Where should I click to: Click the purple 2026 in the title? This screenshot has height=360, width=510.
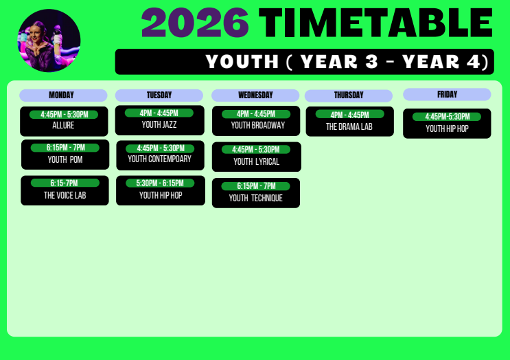[x=195, y=23]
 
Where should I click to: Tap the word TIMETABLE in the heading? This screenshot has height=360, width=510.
[x=375, y=23]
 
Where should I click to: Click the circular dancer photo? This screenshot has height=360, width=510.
[x=49, y=41]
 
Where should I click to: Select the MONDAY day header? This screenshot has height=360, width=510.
[x=63, y=95]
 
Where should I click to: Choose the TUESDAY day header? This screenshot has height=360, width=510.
[x=159, y=95]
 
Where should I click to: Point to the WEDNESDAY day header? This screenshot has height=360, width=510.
[x=255, y=95]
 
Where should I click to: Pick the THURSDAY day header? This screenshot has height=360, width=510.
[x=349, y=95]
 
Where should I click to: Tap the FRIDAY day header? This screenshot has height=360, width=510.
[x=447, y=94]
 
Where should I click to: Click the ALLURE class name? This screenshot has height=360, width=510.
[x=63, y=125]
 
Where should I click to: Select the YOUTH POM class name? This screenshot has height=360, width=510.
[x=65, y=159]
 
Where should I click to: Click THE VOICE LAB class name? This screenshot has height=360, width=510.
[x=65, y=195]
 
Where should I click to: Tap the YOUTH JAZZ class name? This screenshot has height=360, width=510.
[x=159, y=124]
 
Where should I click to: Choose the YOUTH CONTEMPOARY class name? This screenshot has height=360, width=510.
[x=159, y=159]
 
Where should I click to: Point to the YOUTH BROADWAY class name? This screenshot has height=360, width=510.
[x=258, y=125]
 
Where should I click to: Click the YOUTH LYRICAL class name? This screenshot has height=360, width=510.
[x=256, y=161]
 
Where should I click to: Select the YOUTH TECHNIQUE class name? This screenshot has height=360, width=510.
[x=255, y=198]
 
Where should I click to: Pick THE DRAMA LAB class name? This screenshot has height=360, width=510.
[x=349, y=126]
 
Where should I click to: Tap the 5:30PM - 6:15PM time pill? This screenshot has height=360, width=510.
[x=160, y=183]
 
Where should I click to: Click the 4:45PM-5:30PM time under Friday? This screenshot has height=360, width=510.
[x=447, y=117]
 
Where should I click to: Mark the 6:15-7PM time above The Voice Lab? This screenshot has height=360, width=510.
[x=65, y=183]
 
